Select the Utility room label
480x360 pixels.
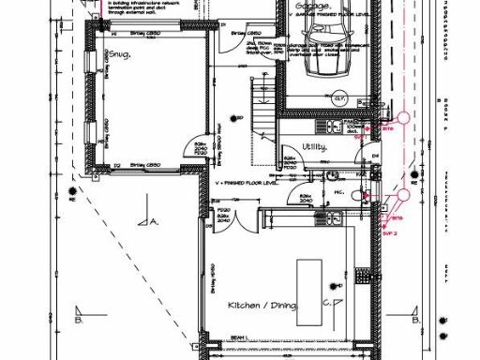tap(315, 145)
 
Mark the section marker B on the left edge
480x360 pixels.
tap(77, 316)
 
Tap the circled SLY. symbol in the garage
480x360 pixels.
tap(341, 97)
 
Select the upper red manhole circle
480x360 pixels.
tap(404, 119)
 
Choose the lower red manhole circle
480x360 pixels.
tap(403, 195)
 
